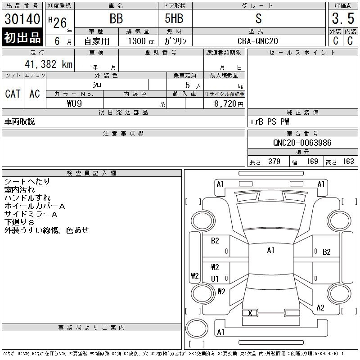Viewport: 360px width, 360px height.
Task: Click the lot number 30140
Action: point(22,19)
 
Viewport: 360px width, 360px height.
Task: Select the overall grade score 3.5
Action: point(342,19)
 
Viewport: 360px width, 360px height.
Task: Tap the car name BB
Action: point(116,19)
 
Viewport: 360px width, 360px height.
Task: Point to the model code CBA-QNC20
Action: point(258,41)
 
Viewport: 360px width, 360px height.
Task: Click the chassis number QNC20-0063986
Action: point(302,143)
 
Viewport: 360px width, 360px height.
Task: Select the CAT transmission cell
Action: point(13,94)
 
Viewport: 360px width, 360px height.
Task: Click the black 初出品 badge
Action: point(22,38)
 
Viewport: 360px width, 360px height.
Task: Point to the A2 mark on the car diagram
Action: point(320,308)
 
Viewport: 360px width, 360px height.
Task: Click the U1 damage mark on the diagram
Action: point(215,279)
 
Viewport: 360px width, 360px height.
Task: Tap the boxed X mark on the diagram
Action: point(250,313)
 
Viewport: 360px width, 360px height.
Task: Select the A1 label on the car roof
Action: point(270,250)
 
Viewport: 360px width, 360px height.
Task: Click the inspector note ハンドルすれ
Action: point(27,198)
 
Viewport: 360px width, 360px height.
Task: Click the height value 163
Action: point(348,162)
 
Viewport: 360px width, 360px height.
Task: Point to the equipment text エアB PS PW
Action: point(270,121)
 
